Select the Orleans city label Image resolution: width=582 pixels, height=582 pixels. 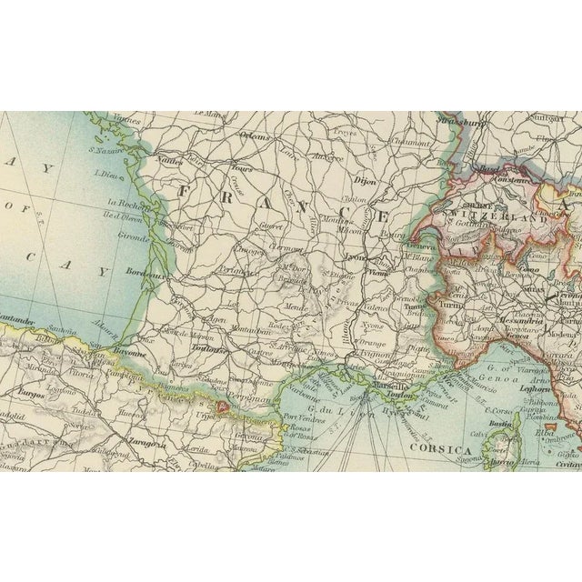255,136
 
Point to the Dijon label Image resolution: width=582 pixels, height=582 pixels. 339,178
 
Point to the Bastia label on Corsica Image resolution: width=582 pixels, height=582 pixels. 496,425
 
